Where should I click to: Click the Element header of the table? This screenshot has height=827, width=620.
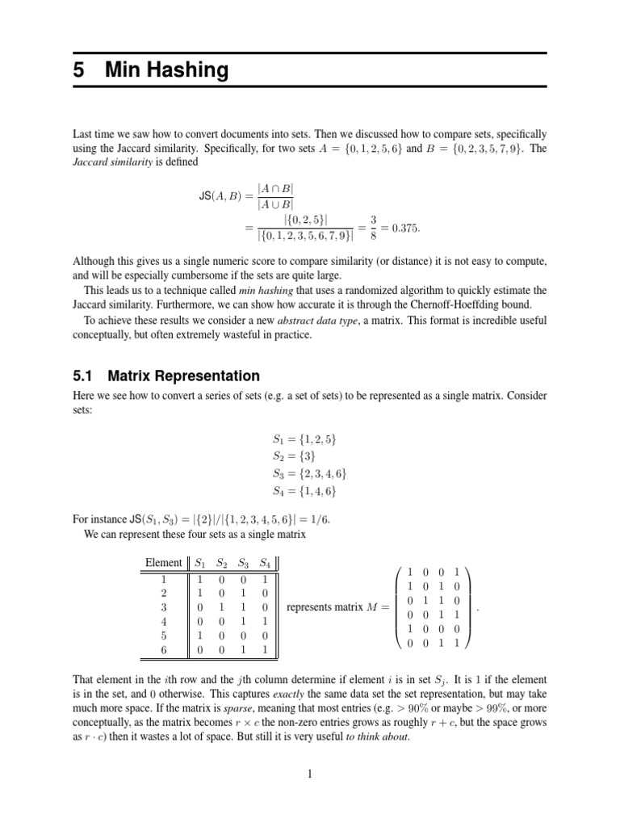coord(163,562)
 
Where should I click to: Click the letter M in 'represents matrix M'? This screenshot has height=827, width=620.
coord(372,607)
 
